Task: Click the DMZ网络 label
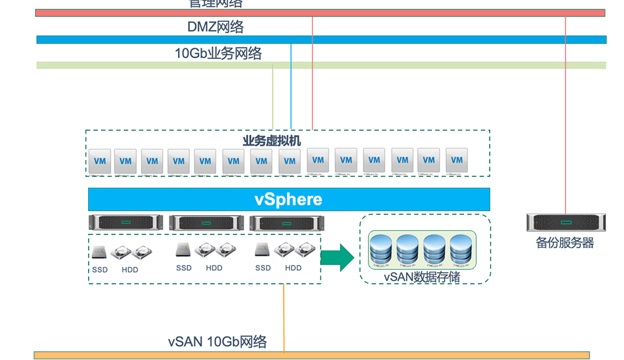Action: click(215, 27)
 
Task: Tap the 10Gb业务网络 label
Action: click(218, 54)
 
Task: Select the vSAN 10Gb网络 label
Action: click(217, 342)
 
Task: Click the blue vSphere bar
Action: click(289, 199)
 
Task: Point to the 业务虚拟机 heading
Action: click(272, 141)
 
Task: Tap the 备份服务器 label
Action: click(565, 243)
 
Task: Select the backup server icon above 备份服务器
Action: click(565, 222)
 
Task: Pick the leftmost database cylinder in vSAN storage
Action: click(382, 249)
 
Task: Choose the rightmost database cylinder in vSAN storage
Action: click(463, 249)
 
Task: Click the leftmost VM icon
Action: click(99, 161)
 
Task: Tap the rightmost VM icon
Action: click(457, 160)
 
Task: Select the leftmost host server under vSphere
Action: click(126, 222)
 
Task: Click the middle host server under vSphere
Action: click(206, 222)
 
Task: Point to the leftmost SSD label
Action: click(99, 270)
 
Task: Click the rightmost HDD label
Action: click(293, 268)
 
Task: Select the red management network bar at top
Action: click(320, 12)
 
